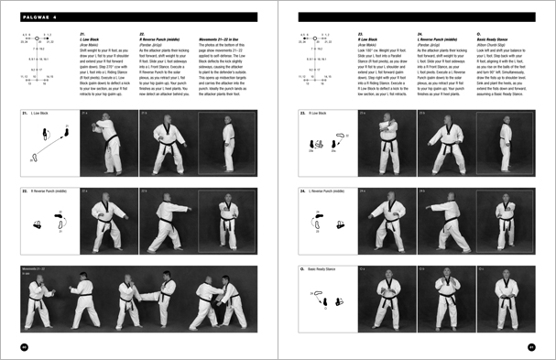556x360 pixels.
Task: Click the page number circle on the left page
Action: click(x=24, y=346)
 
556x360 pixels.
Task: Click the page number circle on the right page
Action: click(x=531, y=346)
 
